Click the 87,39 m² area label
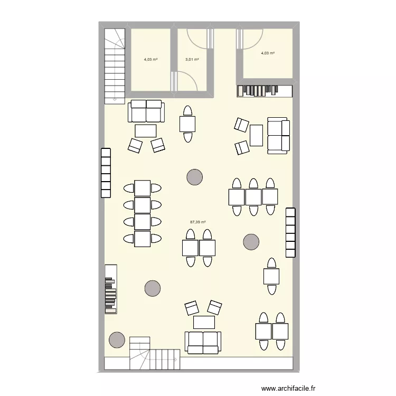(x=198, y=222)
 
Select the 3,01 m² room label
(x=192, y=60)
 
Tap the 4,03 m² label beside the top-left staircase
(x=150, y=60)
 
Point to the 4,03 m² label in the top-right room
(x=268, y=53)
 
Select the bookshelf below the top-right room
(x=264, y=91)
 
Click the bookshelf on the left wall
(x=110, y=289)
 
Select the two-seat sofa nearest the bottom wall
(x=204, y=342)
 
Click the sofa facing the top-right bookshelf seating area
(x=278, y=136)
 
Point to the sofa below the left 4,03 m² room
(x=146, y=111)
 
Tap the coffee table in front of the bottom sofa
(x=204, y=322)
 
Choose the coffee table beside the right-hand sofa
(x=257, y=135)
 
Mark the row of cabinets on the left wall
(x=105, y=172)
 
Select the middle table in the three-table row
(x=253, y=197)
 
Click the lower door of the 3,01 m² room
(x=186, y=81)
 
